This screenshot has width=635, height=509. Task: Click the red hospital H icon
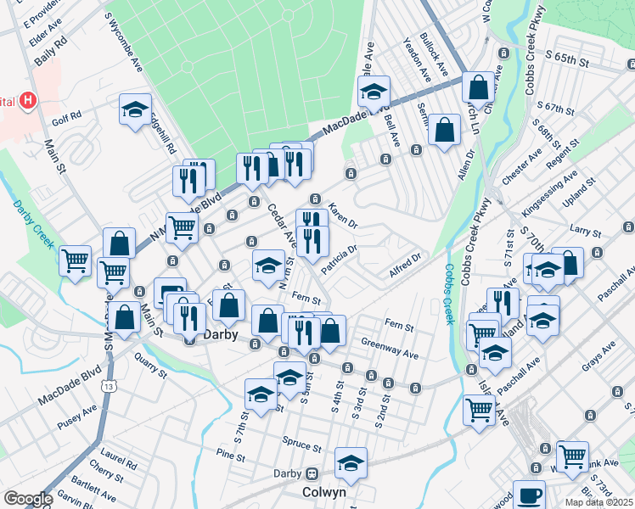point(29,101)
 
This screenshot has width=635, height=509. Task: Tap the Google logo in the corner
point(27,499)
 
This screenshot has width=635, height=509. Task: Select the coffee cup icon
point(531,495)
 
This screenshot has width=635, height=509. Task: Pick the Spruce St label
point(304,446)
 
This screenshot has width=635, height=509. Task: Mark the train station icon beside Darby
point(312,473)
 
